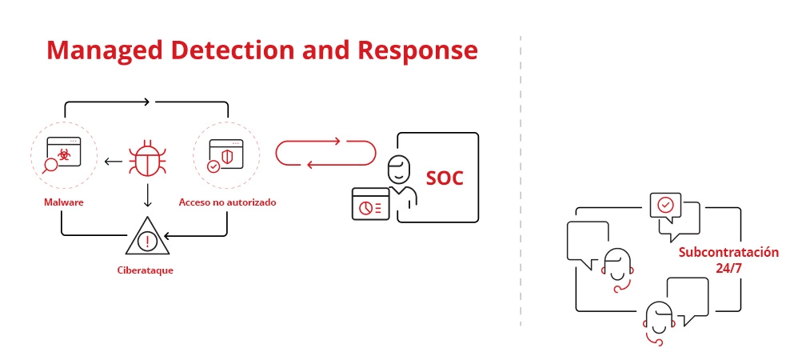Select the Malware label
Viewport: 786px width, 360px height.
[x=64, y=202]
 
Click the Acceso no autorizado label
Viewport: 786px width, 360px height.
[x=227, y=202]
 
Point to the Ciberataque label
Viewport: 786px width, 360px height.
[x=145, y=270]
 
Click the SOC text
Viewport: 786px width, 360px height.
[x=445, y=178]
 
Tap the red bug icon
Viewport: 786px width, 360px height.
[x=146, y=158]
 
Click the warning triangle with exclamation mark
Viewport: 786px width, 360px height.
[x=146, y=238]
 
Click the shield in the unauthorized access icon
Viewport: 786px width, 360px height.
[x=227, y=154]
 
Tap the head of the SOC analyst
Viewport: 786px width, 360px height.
[x=397, y=170]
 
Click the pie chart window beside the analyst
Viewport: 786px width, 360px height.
[x=370, y=203]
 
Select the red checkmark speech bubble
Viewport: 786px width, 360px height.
[x=664, y=206]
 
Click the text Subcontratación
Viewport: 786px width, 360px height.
[x=728, y=253]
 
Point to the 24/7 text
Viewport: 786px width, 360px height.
[x=728, y=269]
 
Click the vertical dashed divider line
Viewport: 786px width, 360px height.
[x=521, y=180]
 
